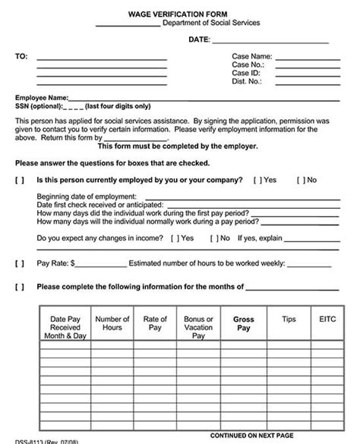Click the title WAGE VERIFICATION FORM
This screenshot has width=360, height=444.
point(180,11)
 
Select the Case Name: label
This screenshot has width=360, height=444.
point(251,56)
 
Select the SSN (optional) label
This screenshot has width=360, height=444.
point(38,106)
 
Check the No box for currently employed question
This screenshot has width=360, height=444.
point(300,180)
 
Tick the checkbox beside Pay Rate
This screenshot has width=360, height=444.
point(20,263)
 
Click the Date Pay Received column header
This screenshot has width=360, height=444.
point(65,327)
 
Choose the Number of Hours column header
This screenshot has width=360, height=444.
point(112,323)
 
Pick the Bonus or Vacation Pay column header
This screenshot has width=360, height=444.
point(199,327)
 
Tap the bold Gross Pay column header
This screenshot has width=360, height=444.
point(243,324)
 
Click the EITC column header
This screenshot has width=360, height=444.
point(327,320)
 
